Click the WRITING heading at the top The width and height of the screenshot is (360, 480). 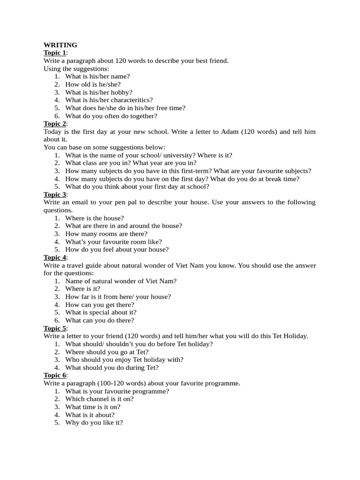[x=60, y=45]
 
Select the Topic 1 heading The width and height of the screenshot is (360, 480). [x=55, y=53]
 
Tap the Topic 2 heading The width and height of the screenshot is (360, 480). [x=55, y=124]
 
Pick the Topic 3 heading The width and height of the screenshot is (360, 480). [x=55, y=195]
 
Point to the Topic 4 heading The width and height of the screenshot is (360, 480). [x=55, y=257]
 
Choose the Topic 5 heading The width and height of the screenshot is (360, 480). [x=55, y=328]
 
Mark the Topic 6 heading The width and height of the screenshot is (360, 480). [x=55, y=375]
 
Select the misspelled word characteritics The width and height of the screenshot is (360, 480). [x=132, y=100]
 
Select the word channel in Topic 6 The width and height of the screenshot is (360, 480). [x=97, y=399]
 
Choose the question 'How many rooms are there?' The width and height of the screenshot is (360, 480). [x=106, y=234]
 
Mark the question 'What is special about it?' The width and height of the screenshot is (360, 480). [x=101, y=313]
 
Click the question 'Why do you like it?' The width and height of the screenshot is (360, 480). [x=94, y=422]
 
